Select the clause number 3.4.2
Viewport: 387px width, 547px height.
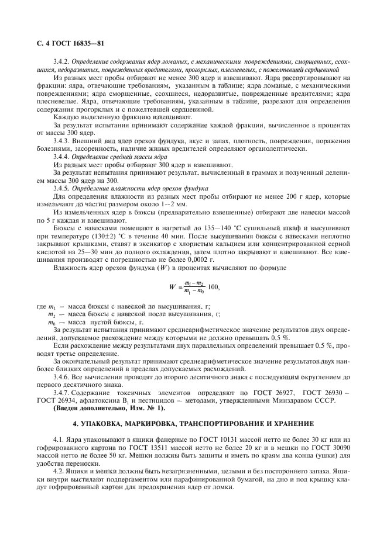point(63,61)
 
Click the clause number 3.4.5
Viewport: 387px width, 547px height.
point(63,188)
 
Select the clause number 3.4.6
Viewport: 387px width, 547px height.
point(63,378)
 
